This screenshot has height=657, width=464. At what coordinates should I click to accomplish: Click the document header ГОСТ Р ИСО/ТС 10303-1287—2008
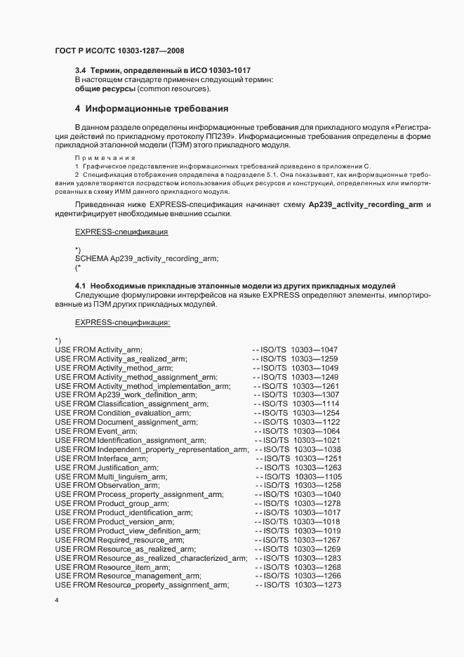[x=119, y=51]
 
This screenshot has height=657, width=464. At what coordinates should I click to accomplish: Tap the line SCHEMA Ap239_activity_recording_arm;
[x=146, y=258]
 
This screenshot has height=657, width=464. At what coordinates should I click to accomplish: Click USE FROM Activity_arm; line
[x=99, y=349]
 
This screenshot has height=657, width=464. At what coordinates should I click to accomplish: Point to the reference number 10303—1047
[x=314, y=349]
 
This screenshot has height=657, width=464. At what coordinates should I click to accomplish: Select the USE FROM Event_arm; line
[x=96, y=431]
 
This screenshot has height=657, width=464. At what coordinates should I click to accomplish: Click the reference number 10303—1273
[x=317, y=585]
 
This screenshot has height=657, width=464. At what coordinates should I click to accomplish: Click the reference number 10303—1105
[x=317, y=476]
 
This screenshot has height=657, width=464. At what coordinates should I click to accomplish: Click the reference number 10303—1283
[x=317, y=558]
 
